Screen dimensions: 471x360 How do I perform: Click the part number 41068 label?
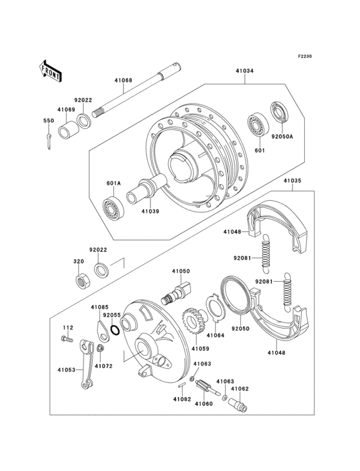123,80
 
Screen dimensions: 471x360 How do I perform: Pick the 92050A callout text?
282,136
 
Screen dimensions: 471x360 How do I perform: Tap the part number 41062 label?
240,389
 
